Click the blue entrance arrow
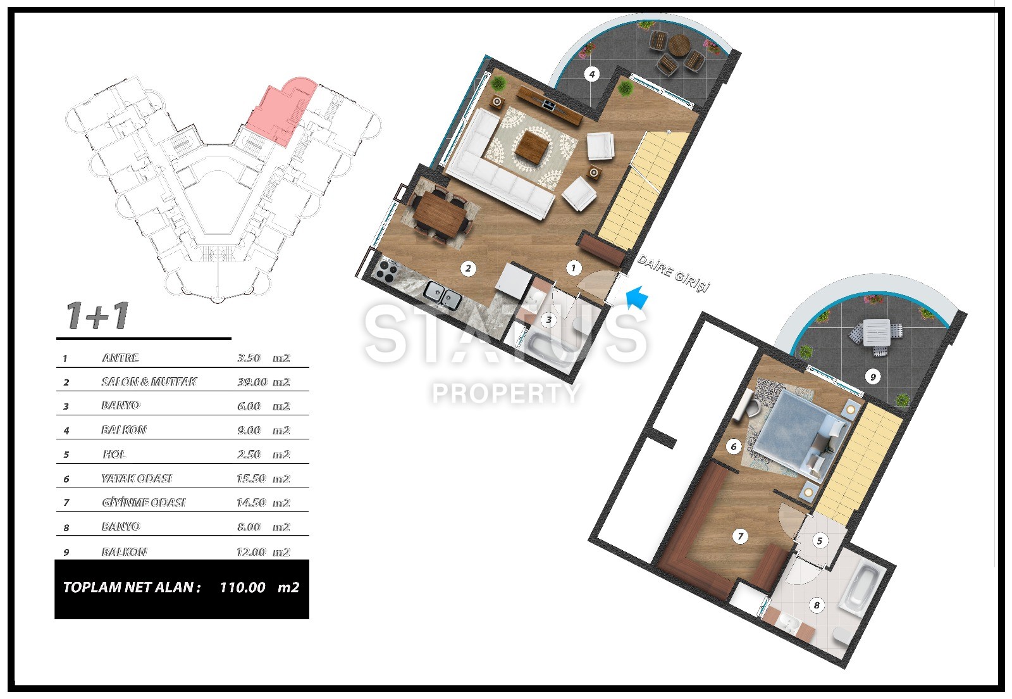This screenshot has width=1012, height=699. pos(637,298)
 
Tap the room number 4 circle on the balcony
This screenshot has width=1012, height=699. pos(592,73)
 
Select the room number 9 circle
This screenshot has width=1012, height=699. pos(873,377)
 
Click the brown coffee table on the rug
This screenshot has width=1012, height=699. pos(533,145)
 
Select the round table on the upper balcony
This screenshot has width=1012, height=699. pos(679,45)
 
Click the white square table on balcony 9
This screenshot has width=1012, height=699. pos(877,332)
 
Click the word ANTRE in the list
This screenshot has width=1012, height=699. pos(120,358)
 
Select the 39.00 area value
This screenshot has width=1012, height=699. pos(252,382)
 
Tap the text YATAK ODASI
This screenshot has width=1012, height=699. pos(137,479)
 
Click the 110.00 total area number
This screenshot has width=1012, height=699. pos(243,587)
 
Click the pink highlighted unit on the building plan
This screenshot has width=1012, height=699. pos(282,111)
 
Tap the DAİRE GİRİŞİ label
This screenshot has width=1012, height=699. pos(673,274)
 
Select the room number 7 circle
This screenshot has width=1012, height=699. pos(740,536)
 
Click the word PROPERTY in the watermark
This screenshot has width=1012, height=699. pos(506,393)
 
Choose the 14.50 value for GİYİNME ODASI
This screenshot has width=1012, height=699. pos(251,502)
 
